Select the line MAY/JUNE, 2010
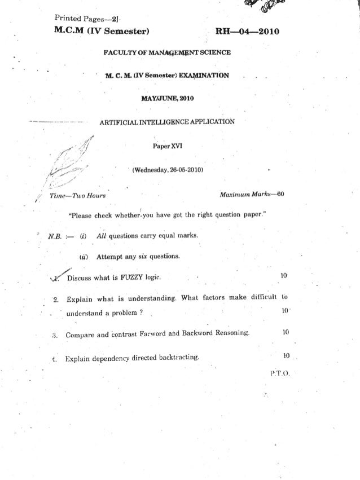[x=167, y=99]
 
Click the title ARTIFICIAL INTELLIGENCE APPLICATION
[x=168, y=122]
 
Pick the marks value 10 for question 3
[x=285, y=333]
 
